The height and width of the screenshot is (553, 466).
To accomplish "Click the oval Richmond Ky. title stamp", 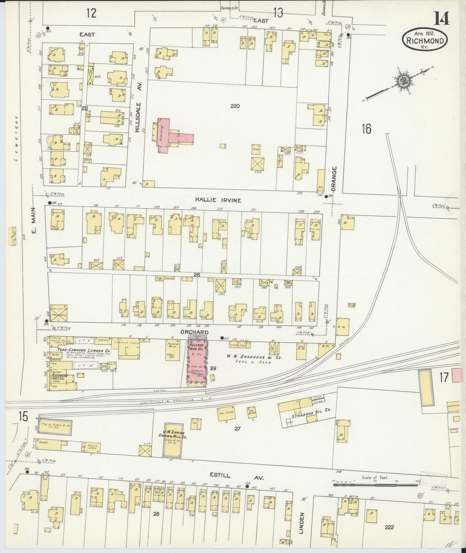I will pos(425,38).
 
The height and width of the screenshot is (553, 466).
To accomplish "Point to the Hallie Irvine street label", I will pos(218,200).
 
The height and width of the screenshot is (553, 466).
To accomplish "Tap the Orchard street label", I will pos(199,332).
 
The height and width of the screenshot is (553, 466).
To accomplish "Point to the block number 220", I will pos(235,106).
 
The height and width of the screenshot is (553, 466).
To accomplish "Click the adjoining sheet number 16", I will pos(366,129).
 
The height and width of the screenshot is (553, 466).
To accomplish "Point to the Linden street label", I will pos(301,523).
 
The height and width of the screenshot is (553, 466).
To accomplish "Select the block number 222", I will pos(390,527).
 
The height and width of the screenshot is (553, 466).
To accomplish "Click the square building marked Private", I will pos(58,314).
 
